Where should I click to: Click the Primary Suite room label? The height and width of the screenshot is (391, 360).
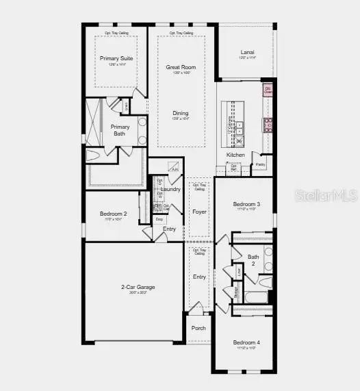click(x=116, y=59)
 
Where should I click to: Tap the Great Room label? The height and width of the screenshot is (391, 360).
click(x=181, y=67)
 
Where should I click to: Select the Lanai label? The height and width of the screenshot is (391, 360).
click(x=247, y=52)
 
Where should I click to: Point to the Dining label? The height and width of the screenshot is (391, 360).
click(x=180, y=114)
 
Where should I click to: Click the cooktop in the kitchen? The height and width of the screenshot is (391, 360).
click(x=268, y=124)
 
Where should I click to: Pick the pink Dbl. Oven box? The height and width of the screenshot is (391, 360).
click(x=268, y=89)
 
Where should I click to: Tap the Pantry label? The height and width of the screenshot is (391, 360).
click(x=261, y=164)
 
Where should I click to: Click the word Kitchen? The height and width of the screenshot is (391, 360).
click(x=235, y=155)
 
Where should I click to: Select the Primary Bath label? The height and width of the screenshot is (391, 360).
click(x=120, y=130)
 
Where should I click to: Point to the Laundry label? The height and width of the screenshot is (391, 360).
click(x=171, y=189)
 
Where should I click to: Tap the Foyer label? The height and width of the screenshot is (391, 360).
click(x=199, y=212)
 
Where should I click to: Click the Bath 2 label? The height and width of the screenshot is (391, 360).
click(x=253, y=260)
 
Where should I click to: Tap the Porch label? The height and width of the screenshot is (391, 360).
click(x=198, y=328)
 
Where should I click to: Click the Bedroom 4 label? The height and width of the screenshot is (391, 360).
click(x=246, y=342)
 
